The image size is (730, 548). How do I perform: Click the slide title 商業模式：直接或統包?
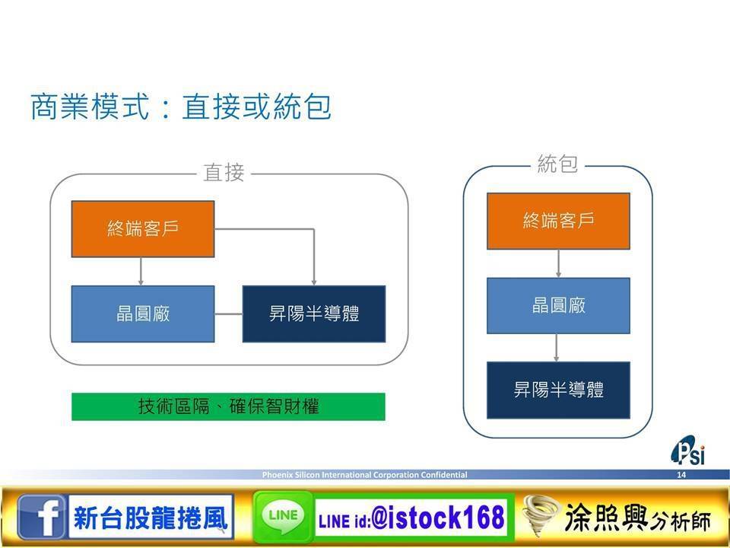point(181,107)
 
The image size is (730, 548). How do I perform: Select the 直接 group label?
point(224,173)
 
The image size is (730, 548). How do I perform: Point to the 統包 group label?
point(557,164)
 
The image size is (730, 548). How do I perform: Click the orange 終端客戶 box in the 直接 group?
point(143,229)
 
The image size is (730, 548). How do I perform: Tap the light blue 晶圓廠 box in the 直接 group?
point(143,314)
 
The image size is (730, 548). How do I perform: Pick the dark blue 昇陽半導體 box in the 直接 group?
point(314,314)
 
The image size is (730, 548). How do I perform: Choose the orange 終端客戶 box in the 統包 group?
point(558,221)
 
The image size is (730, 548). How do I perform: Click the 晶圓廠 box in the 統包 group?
point(558,306)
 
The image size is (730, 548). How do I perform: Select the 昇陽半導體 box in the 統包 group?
point(558,390)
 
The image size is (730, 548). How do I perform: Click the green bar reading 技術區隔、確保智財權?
point(228,406)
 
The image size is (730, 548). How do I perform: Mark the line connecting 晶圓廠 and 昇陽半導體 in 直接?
point(229,314)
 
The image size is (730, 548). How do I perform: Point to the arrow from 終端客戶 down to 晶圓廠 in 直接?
point(141,271)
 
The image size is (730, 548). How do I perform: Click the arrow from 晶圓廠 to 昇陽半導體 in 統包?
point(557,348)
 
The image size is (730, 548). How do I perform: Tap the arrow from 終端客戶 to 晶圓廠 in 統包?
point(558,263)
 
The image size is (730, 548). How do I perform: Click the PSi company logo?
point(688,451)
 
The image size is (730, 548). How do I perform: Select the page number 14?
point(681,475)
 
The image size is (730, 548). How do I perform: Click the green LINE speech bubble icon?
point(283,517)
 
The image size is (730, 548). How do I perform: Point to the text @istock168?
point(438,518)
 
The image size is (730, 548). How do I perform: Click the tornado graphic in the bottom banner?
point(541,515)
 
